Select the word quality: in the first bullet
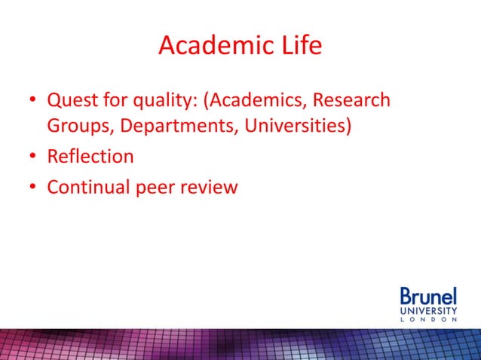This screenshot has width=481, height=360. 164,101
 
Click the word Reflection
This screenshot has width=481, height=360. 90,157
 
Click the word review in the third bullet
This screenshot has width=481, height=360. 215,187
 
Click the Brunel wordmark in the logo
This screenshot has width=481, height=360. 427,296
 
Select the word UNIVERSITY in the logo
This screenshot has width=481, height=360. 427,310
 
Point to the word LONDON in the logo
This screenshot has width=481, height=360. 427,319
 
